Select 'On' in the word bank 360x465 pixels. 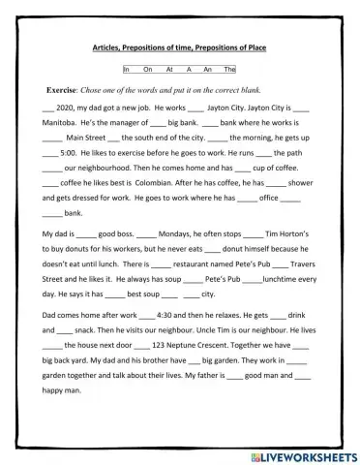[x=146, y=70]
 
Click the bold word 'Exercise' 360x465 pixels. [x=80, y=88]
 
